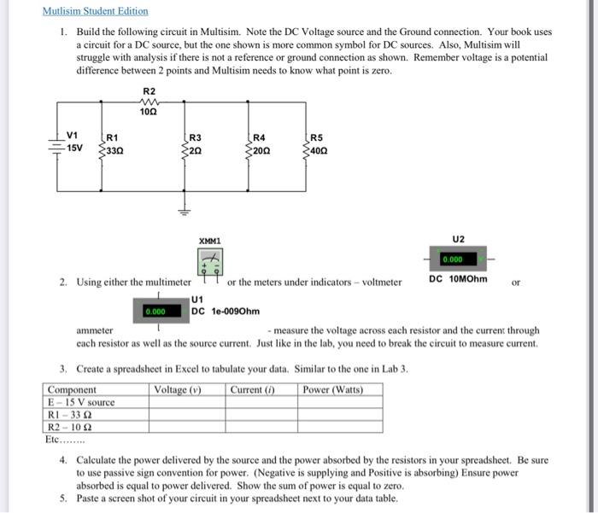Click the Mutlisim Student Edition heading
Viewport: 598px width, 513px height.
click(95, 11)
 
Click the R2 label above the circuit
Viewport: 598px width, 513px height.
click(149, 90)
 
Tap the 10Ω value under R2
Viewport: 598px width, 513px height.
click(149, 112)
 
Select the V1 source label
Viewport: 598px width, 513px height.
click(73, 135)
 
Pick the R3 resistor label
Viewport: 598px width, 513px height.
click(196, 137)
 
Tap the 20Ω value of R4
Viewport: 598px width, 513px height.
click(260, 149)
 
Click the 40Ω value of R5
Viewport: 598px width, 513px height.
click(318, 149)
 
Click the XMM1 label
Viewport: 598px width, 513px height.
click(209, 242)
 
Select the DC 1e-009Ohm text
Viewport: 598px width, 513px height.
click(226, 312)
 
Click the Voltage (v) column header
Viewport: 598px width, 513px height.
click(177, 389)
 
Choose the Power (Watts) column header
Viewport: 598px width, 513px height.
click(334, 389)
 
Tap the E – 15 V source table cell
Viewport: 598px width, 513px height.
click(81, 402)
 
